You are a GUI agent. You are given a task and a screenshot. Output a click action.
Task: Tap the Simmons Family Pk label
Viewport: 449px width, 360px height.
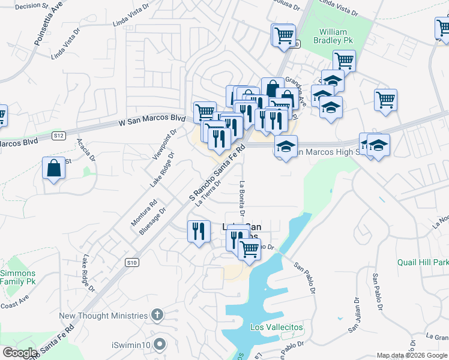[x=17, y=277]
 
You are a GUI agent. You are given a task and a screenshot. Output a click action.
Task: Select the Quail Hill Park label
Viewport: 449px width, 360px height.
[x=423, y=262]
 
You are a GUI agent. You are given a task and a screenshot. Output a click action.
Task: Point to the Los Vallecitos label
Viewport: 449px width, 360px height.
[x=277, y=328]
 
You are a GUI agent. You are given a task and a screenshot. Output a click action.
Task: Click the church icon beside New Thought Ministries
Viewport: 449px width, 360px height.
[x=157, y=315]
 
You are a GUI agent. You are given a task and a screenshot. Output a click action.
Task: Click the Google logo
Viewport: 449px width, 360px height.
[x=20, y=353]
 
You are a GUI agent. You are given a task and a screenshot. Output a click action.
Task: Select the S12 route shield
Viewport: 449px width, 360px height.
[x=58, y=136]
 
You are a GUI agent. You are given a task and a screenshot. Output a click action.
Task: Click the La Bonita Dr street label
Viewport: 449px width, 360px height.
[x=243, y=199]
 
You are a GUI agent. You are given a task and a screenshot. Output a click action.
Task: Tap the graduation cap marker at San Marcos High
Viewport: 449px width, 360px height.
[x=286, y=146]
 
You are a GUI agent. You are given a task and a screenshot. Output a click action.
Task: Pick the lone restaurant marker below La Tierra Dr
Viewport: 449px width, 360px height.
[x=198, y=231]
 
